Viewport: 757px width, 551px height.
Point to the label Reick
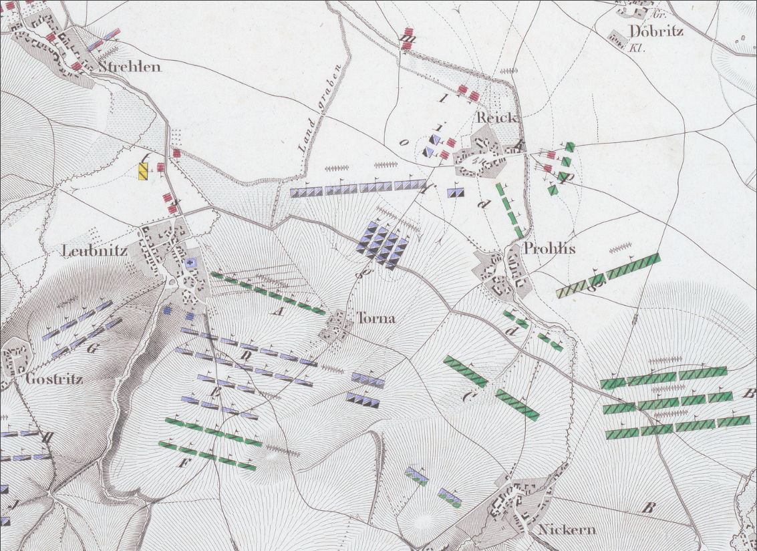point(496,118)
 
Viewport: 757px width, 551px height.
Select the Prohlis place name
point(550,249)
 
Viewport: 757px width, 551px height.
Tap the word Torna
point(375,319)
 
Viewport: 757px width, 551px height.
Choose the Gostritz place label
point(54,379)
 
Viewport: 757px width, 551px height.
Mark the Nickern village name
point(567,530)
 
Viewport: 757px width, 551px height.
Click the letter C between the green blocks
point(468,396)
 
